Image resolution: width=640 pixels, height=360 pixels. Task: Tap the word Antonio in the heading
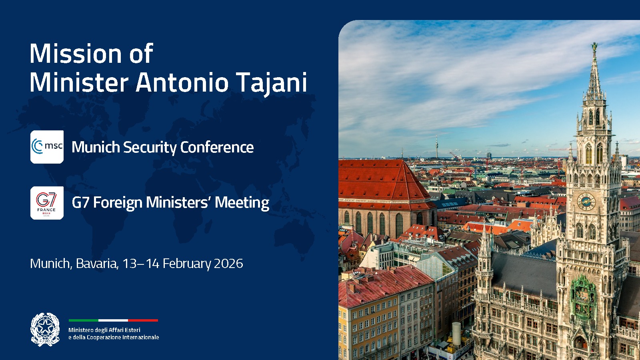[x=182, y=82]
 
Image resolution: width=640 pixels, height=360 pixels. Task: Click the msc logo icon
[x=47, y=147]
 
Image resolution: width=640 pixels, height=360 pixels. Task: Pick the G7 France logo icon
[x=47, y=203]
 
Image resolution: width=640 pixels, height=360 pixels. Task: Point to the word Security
[x=150, y=148]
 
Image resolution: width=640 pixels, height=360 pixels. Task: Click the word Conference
[x=217, y=147]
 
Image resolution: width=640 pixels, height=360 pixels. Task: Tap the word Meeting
[x=242, y=203]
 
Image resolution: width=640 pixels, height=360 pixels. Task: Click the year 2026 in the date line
[x=228, y=264]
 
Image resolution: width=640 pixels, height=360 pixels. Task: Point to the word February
[x=187, y=264]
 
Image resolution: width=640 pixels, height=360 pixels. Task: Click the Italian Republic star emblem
[x=45, y=329]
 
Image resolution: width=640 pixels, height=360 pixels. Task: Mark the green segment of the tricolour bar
[x=83, y=320]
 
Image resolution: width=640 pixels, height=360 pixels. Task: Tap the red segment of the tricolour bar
[x=143, y=320]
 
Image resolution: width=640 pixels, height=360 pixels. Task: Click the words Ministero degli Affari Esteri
[x=104, y=330]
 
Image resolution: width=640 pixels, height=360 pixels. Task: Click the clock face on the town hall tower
[x=586, y=201]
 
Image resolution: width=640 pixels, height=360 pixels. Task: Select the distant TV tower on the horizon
[x=436, y=146]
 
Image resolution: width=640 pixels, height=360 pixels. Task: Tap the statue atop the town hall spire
[x=595, y=47]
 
